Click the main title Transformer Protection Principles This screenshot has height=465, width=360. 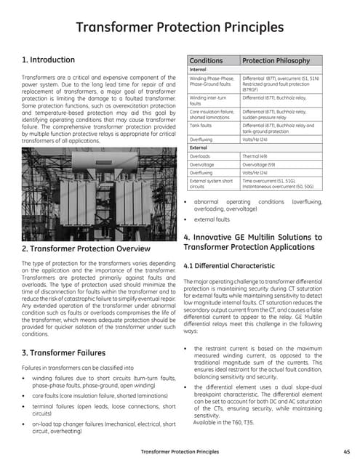tap(180, 28)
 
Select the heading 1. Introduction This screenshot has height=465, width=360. tap(48, 60)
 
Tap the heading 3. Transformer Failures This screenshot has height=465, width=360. tap(64, 353)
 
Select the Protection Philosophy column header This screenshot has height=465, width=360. tap(276, 60)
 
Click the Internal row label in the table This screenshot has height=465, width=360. tap(199, 70)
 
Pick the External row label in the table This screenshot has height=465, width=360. tap(199, 147)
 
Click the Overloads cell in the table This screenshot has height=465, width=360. tap(201, 156)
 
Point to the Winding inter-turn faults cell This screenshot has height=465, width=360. tap(212, 100)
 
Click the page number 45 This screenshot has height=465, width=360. tap(345, 452)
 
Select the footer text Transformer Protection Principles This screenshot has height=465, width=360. tap(179, 452)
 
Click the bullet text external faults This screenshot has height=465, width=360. tap(215, 218)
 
